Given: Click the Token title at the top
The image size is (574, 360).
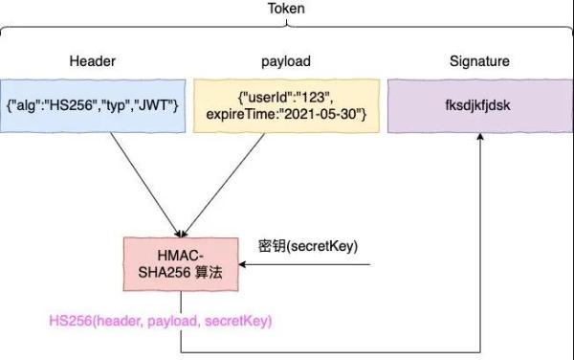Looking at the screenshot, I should pyautogui.click(x=287, y=9).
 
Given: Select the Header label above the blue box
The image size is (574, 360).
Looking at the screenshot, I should pyautogui.click(x=93, y=61).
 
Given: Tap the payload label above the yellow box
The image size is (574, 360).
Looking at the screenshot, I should pyautogui.click(x=286, y=61).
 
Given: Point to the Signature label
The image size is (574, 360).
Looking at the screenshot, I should pyautogui.click(x=479, y=61).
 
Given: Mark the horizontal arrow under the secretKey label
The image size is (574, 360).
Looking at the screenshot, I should pyautogui.click(x=306, y=264).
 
